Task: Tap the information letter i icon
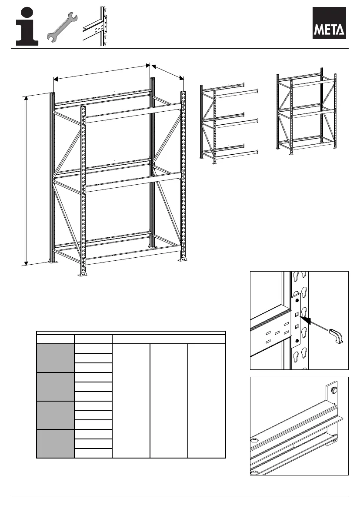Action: coord(27,26)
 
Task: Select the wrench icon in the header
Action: coord(62,27)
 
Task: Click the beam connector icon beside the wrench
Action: coord(95,26)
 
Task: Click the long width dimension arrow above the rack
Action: coord(101,72)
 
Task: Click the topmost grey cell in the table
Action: coord(55,358)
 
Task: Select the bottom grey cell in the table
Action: coord(55,443)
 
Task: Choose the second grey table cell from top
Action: coord(55,386)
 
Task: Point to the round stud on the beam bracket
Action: coord(334,389)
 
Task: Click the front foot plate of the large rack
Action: coord(83,273)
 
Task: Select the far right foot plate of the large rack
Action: coord(183,259)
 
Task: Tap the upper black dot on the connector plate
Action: coord(297,300)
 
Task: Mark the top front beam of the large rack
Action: coord(133,113)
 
